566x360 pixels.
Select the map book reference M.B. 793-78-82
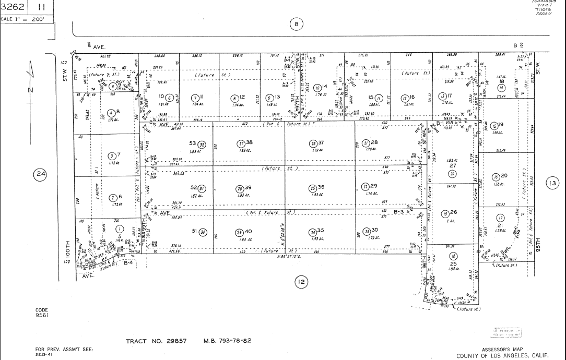[x=227, y=341]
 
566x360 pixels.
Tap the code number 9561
[x=42, y=315]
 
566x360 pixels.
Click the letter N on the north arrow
[x=30, y=90]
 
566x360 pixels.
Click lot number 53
[x=192, y=143]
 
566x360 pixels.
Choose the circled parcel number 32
[x=202, y=144]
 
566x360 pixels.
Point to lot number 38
[x=250, y=142]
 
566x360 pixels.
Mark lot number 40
[x=249, y=232]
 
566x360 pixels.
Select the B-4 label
[x=128, y=263]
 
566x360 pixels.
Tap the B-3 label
[x=399, y=212]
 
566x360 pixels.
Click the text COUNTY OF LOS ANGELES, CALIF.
[x=502, y=356]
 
